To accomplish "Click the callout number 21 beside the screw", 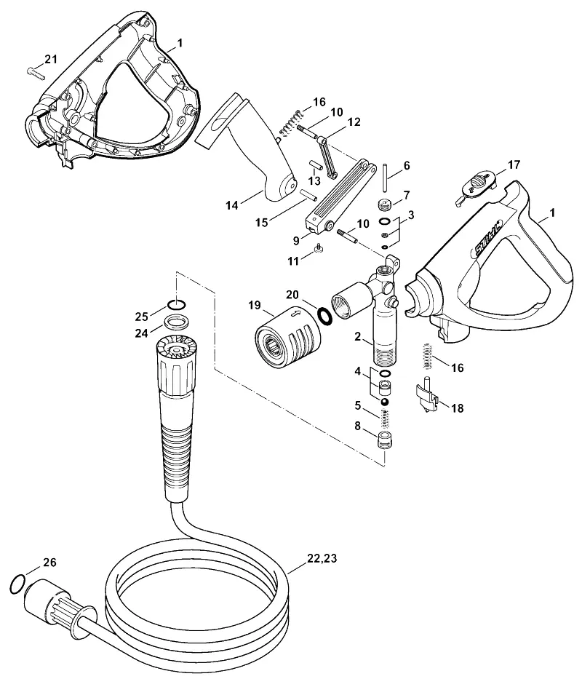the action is (51, 59).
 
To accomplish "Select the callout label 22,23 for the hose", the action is (322, 558).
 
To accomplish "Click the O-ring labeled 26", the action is (16, 584).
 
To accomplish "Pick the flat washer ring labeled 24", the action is (175, 322).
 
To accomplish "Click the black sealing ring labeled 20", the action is (324, 315).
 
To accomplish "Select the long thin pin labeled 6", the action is (385, 177).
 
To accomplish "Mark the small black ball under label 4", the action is (384, 402).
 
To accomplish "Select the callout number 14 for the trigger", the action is (232, 205).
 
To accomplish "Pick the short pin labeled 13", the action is (315, 167).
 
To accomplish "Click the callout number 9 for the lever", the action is (296, 239).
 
